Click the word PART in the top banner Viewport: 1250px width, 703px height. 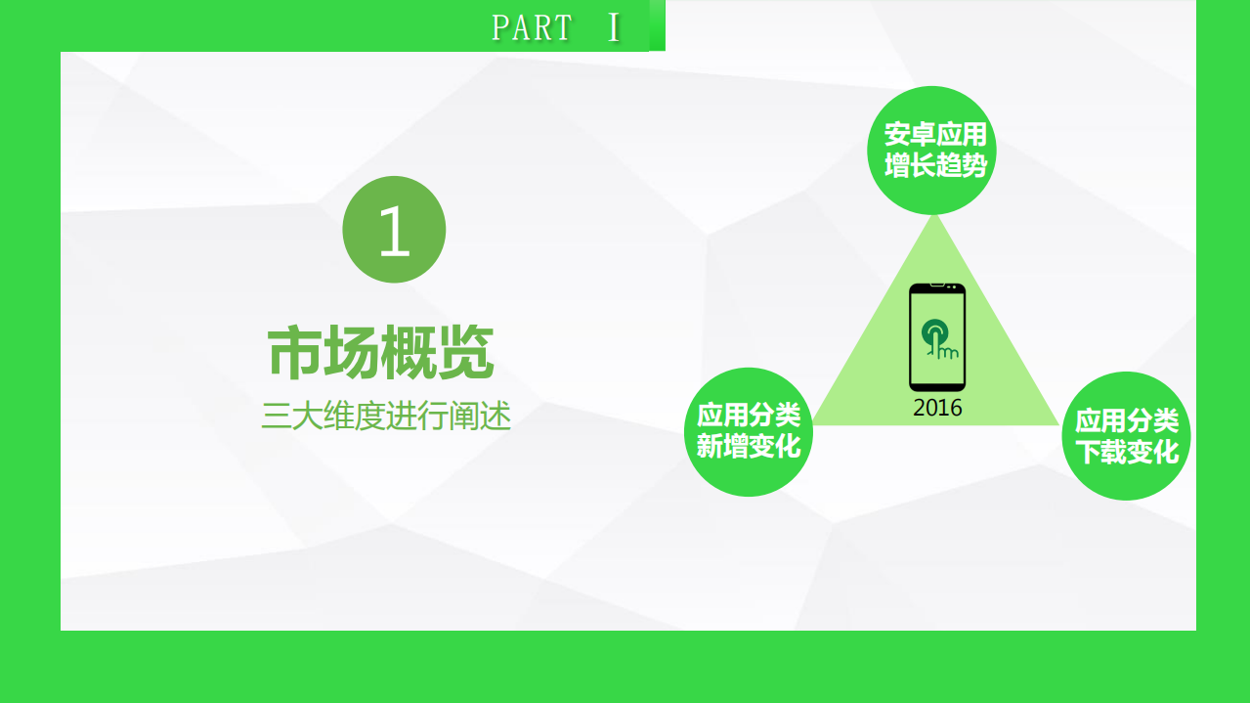tap(532, 27)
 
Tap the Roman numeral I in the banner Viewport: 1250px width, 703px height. tap(614, 27)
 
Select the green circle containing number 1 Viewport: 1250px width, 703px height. tap(394, 230)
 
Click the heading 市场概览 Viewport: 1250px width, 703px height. tap(380, 353)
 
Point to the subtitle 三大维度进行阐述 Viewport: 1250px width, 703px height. tap(386, 417)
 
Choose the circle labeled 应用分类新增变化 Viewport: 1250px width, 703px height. tap(748, 431)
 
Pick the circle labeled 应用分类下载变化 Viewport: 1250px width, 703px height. tap(1126, 436)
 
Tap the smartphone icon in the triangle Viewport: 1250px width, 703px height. tap(937, 337)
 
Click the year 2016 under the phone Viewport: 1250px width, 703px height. tap(937, 408)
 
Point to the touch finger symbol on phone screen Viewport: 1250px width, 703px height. tap(940, 338)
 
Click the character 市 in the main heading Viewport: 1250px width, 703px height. tap(295, 353)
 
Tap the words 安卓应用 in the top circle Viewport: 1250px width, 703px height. tap(934, 134)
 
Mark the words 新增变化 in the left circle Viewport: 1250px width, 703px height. tap(749, 447)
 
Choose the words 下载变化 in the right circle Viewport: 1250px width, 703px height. tap(1127, 453)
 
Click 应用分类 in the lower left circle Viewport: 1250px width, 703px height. tap(749, 416)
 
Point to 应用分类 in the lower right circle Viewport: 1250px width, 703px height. tap(1127, 421)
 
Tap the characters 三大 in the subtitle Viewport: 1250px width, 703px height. tap(292, 417)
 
